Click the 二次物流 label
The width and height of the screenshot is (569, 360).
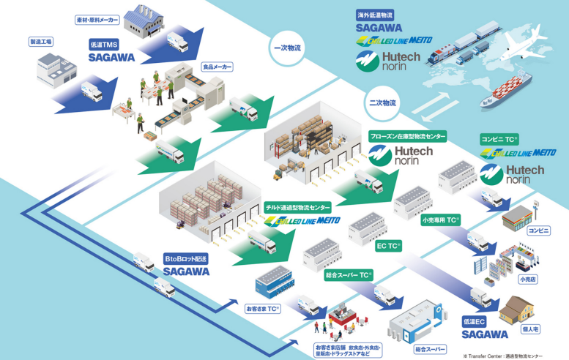[382, 103]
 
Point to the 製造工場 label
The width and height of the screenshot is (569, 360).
[41, 42]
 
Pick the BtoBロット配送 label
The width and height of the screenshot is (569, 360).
[186, 258]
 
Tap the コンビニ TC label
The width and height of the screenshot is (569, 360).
[499, 138]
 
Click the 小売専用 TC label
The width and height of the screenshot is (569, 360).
[440, 219]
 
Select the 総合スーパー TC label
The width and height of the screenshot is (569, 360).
[349, 276]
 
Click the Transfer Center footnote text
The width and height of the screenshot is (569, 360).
[502, 356]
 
